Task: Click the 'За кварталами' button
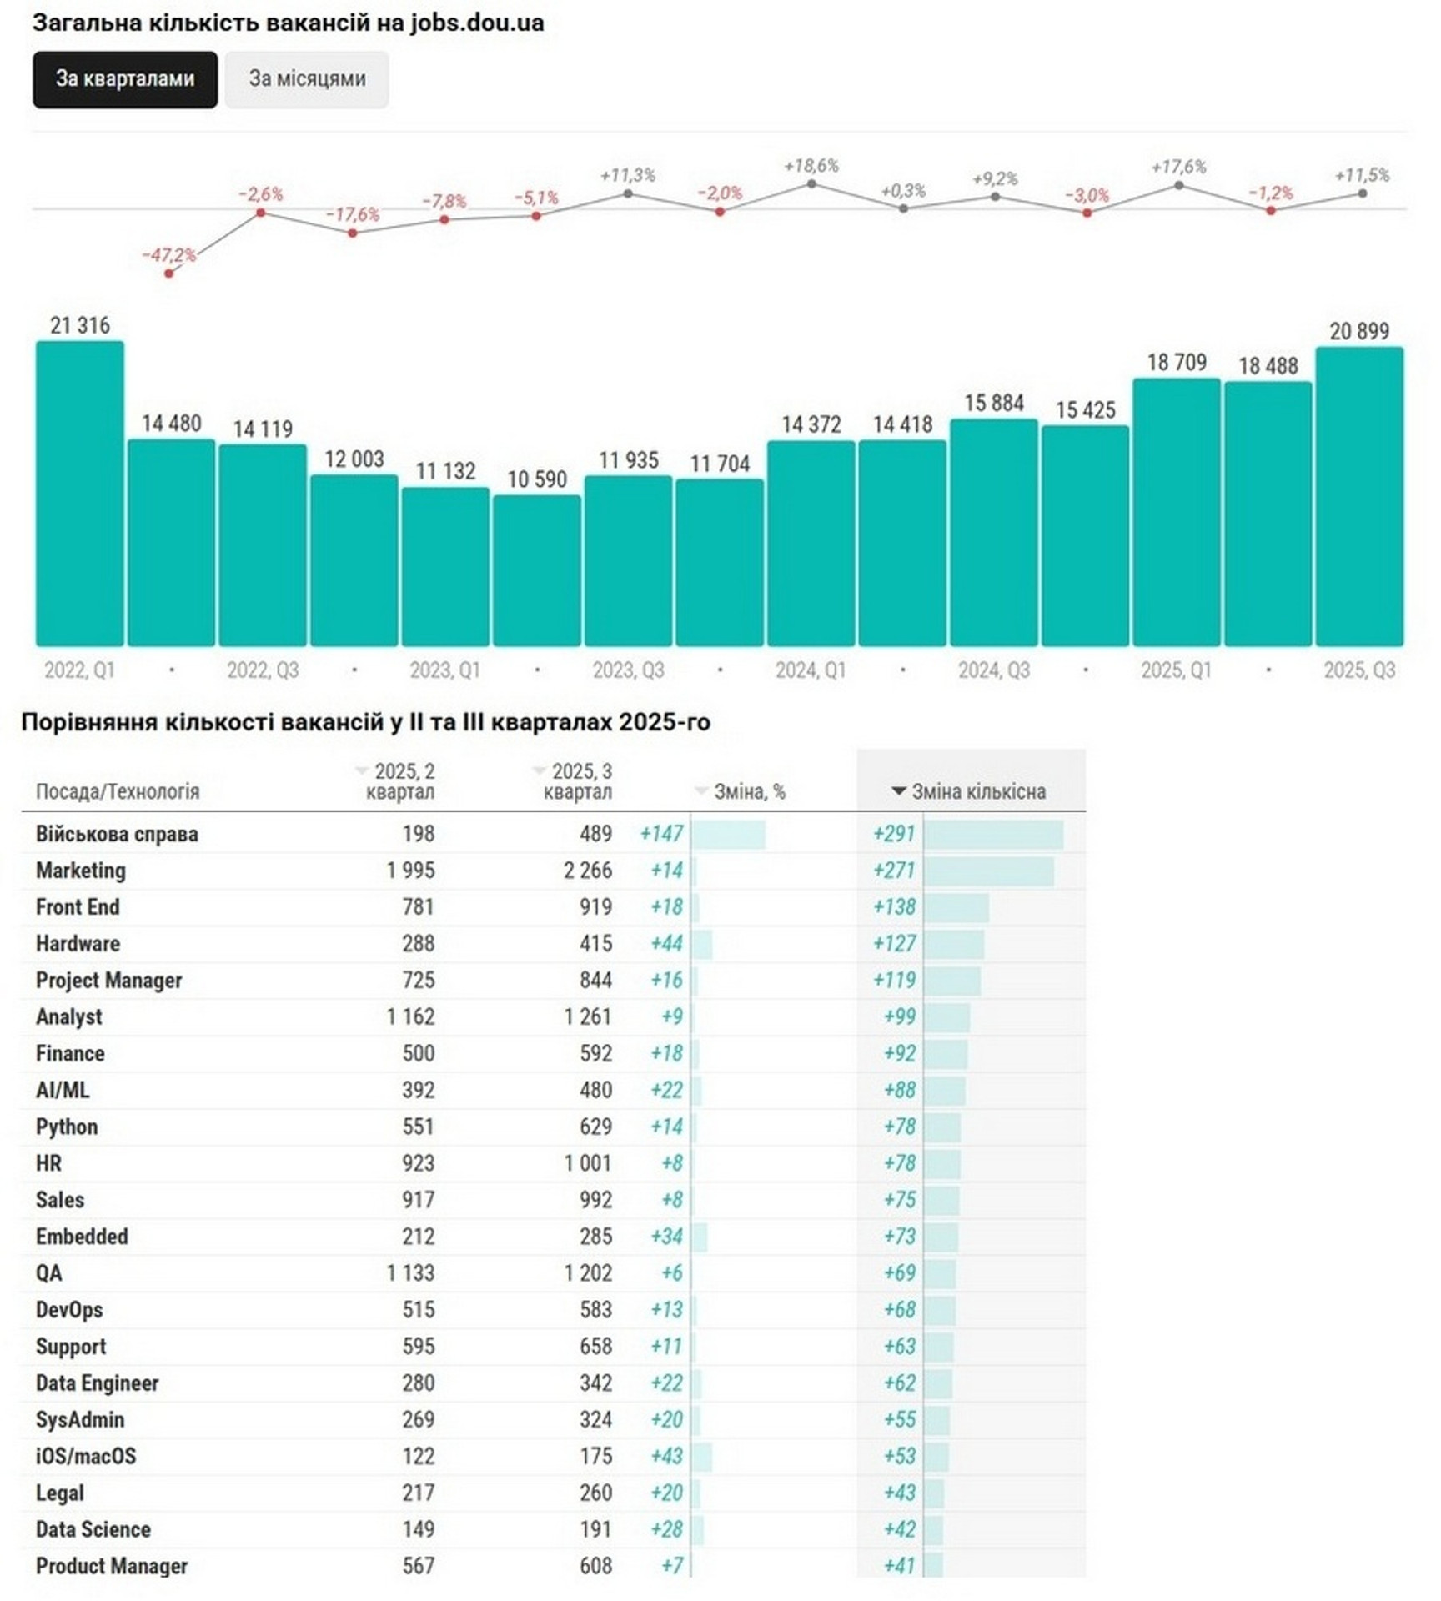(125, 79)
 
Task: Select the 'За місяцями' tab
(307, 79)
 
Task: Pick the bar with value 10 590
(537, 570)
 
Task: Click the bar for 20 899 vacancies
(1359, 496)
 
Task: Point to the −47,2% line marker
(169, 274)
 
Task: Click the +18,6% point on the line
(811, 183)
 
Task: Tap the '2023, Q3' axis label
(628, 670)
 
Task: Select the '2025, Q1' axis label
(1176, 670)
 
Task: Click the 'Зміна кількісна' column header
(977, 791)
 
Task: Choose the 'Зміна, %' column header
(749, 791)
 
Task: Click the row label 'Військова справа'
(117, 834)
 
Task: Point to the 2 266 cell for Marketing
(588, 871)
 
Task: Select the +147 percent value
(661, 834)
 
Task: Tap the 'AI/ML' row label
(63, 1090)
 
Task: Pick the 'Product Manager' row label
(112, 1566)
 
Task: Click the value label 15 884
(994, 404)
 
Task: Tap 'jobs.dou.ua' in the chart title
(477, 23)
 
